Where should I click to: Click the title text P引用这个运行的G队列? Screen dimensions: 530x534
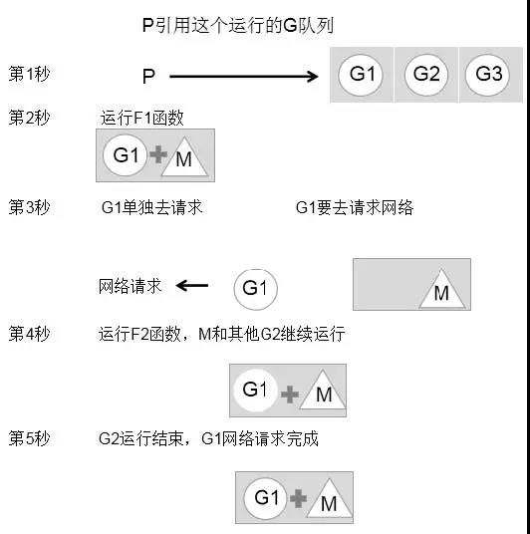pos(238,26)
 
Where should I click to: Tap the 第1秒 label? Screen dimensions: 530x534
pos(29,74)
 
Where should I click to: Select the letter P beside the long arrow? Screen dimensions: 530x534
pos(148,77)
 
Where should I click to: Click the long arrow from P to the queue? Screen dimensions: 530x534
pos(243,77)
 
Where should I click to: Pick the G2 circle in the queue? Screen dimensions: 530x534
pos(426,75)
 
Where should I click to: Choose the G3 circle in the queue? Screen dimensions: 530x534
pos(488,75)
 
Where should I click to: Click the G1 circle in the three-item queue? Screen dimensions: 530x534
pos(361,75)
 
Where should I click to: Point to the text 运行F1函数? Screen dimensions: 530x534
pos(142,118)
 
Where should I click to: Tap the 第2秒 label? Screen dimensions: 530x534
pos(29,118)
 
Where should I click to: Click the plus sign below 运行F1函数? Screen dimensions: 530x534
pos(158,154)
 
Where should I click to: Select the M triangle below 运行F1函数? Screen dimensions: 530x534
pos(184,156)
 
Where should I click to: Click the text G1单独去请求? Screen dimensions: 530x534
pos(151,207)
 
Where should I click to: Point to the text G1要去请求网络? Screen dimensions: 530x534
pos(355,207)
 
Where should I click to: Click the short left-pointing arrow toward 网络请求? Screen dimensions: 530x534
pos(192,285)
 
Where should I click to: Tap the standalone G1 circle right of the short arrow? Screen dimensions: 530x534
pos(255,290)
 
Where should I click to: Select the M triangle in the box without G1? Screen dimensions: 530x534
pos(441,289)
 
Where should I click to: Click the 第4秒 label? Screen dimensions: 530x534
pos(29,334)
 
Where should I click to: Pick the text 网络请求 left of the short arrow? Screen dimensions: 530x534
pos(130,286)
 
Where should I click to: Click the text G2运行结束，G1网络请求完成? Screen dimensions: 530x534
pos(208,438)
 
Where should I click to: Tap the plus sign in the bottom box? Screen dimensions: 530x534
pos(299,498)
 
